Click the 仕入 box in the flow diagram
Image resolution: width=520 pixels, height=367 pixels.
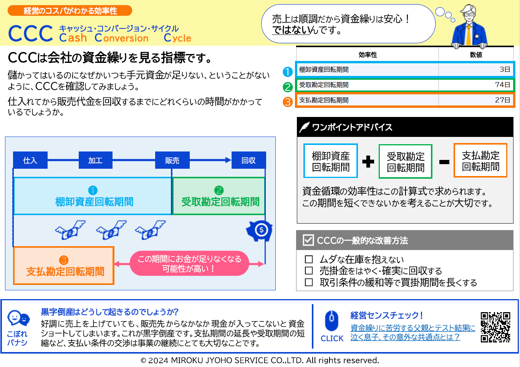point(30,160)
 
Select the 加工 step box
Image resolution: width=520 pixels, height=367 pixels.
point(95,160)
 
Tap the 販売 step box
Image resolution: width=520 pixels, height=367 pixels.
point(172,160)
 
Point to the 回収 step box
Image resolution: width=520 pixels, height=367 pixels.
point(248,160)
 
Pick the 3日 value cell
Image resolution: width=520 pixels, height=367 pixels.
point(505,69)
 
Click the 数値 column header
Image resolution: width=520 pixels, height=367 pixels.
point(476,55)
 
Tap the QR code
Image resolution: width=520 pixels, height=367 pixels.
point(495,327)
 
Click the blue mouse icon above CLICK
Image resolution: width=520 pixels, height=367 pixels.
point(331,321)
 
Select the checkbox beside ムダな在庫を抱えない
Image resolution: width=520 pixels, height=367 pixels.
point(309,259)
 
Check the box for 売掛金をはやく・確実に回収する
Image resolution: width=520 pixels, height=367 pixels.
point(309,271)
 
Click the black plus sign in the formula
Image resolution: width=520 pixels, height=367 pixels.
point(368,161)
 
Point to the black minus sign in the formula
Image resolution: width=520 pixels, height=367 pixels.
point(444,162)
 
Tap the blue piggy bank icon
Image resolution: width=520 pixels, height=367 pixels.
point(260,230)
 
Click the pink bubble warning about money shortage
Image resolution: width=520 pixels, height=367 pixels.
point(189,263)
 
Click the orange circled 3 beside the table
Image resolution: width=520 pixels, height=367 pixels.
point(288,102)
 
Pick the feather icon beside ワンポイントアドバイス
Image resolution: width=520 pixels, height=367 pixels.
point(304,127)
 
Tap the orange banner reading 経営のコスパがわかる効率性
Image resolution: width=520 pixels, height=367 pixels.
point(70,11)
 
